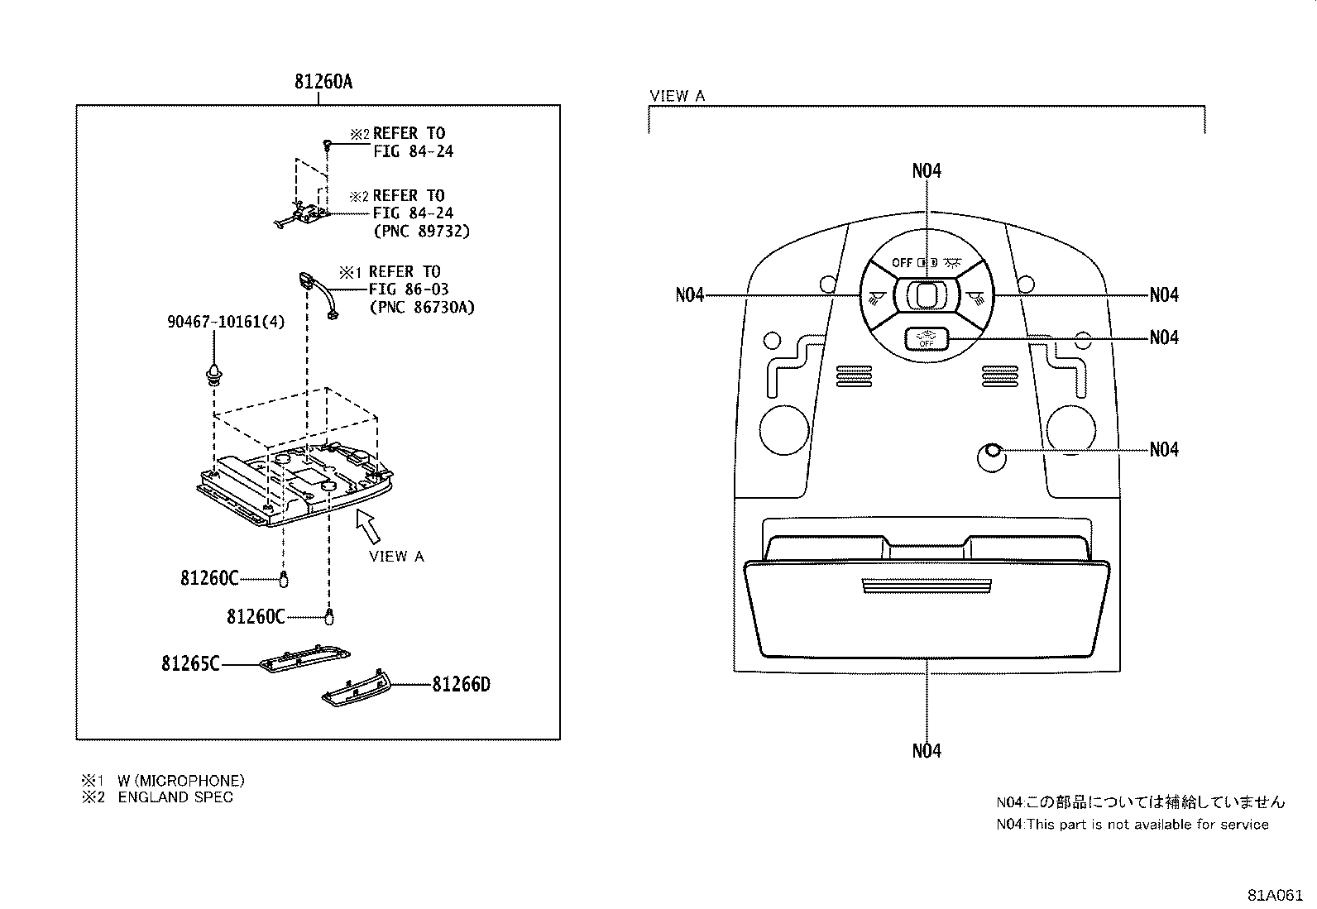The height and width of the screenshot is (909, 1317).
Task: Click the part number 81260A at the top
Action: [x=323, y=82]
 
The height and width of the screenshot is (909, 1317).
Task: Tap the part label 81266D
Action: [x=461, y=684]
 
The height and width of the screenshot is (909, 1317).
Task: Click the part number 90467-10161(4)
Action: [x=226, y=321]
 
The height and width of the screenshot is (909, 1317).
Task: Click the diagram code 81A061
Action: [x=1276, y=895]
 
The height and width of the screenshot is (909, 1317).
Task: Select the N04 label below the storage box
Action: [x=927, y=750]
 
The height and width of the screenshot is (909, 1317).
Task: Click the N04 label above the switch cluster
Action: [x=927, y=170]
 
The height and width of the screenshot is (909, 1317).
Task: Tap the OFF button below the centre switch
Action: [x=925, y=339]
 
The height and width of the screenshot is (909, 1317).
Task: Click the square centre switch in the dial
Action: [x=926, y=294]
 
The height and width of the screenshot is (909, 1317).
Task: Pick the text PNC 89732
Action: [x=422, y=231]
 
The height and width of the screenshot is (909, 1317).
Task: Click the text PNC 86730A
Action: [x=422, y=308]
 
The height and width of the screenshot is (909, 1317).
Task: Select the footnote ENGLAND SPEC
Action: [x=175, y=797]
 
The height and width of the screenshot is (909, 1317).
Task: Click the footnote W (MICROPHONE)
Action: [x=181, y=780]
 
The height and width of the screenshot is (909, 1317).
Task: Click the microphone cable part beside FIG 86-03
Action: [x=321, y=294]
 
